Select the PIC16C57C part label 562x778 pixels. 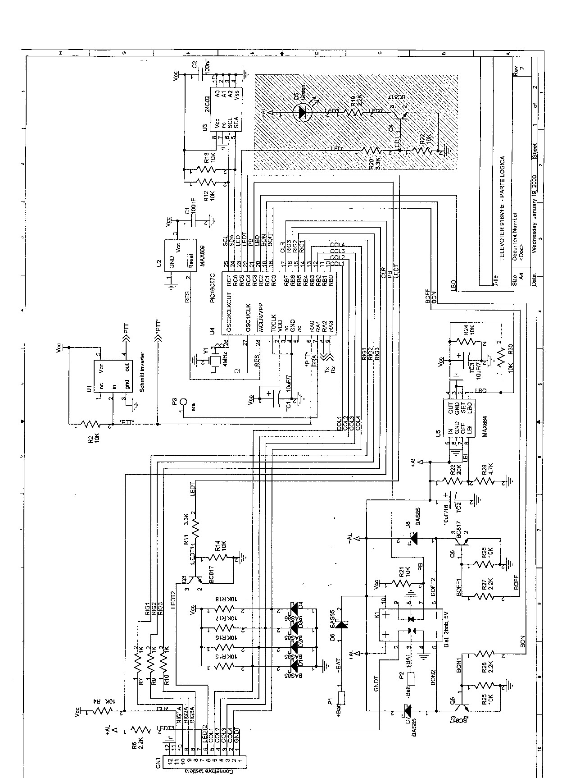tap(213, 290)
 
